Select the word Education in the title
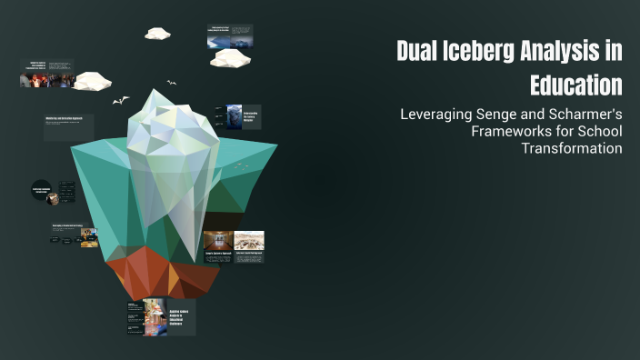click(576, 85)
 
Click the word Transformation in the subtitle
click(572, 148)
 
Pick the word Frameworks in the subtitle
click(511, 132)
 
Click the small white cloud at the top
click(157, 34)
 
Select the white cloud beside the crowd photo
click(92, 81)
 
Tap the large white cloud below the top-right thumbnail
click(230, 58)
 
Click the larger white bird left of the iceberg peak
click(121, 100)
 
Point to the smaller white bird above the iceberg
click(171, 84)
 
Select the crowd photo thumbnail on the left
click(47, 80)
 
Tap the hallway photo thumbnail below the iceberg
click(217, 240)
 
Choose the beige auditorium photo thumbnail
click(249, 240)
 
